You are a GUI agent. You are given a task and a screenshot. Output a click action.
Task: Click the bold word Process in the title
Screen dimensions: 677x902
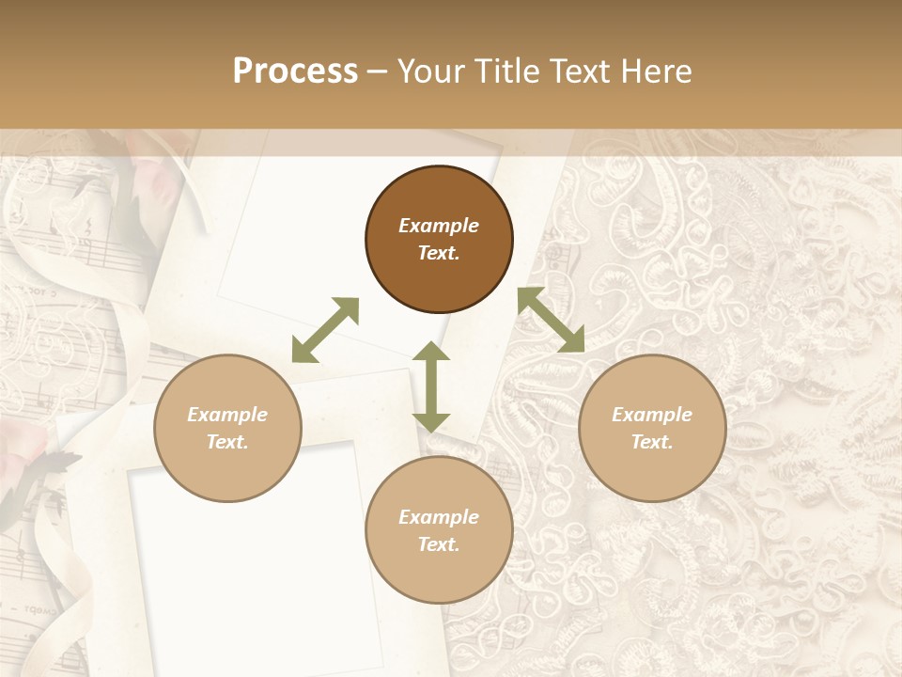(x=295, y=71)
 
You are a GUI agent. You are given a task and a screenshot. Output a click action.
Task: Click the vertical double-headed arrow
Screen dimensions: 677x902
(x=431, y=386)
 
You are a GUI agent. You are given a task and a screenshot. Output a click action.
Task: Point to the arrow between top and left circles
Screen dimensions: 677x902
(x=325, y=330)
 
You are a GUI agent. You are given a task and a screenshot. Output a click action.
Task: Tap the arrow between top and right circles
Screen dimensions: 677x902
(x=551, y=320)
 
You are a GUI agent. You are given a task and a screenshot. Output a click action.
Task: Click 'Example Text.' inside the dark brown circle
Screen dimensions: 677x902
(x=439, y=239)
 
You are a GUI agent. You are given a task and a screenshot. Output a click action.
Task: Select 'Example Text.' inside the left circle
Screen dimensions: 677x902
(x=227, y=428)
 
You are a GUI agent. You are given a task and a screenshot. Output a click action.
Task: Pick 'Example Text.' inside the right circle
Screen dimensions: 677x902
(x=652, y=428)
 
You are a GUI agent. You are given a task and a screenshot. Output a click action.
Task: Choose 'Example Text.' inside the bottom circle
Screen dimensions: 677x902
(x=439, y=530)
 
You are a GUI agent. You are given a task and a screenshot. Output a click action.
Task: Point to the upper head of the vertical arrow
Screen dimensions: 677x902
(x=431, y=352)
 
